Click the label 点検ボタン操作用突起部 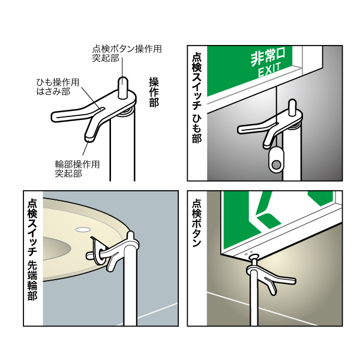127,54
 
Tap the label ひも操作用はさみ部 58,87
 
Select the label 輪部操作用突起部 77,169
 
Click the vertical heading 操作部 154,91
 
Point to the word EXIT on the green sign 270,73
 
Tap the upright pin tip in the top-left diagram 123,83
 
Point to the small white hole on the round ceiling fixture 82,229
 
